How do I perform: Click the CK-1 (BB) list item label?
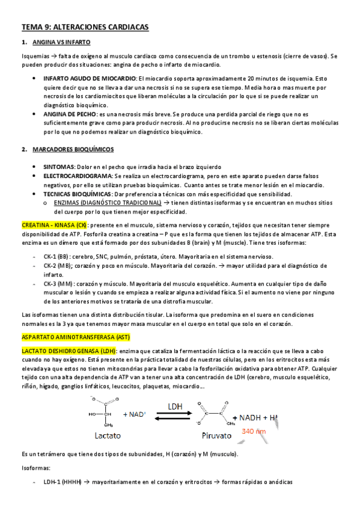coord(57,257)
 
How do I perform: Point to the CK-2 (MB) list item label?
coord(58,266)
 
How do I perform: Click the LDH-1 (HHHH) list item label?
coord(63,482)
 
